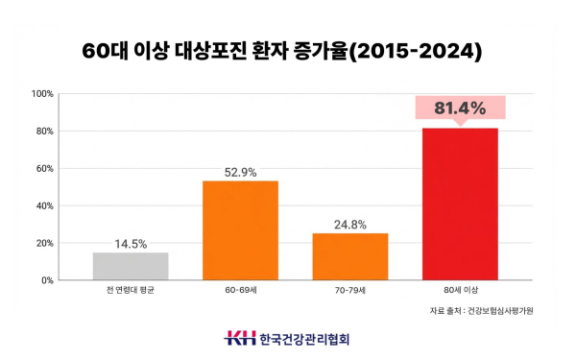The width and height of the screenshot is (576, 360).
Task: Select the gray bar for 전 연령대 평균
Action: (x=131, y=266)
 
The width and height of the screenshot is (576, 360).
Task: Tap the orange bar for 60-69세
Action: (x=240, y=230)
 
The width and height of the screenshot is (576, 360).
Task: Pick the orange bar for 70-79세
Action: (x=349, y=256)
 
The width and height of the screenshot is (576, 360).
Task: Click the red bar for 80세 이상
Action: (x=459, y=204)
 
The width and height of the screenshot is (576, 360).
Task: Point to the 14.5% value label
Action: (x=131, y=244)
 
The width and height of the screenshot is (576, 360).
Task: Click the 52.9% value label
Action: (x=240, y=172)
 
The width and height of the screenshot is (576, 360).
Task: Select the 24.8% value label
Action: (x=349, y=225)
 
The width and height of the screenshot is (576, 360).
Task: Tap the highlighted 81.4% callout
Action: (x=459, y=108)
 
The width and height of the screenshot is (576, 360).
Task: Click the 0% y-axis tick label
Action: (x=45, y=280)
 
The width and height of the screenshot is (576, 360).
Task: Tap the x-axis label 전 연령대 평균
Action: (x=131, y=290)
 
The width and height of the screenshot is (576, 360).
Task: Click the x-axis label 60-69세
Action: (x=240, y=290)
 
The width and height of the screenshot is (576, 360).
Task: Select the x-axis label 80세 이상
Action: (x=459, y=290)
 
